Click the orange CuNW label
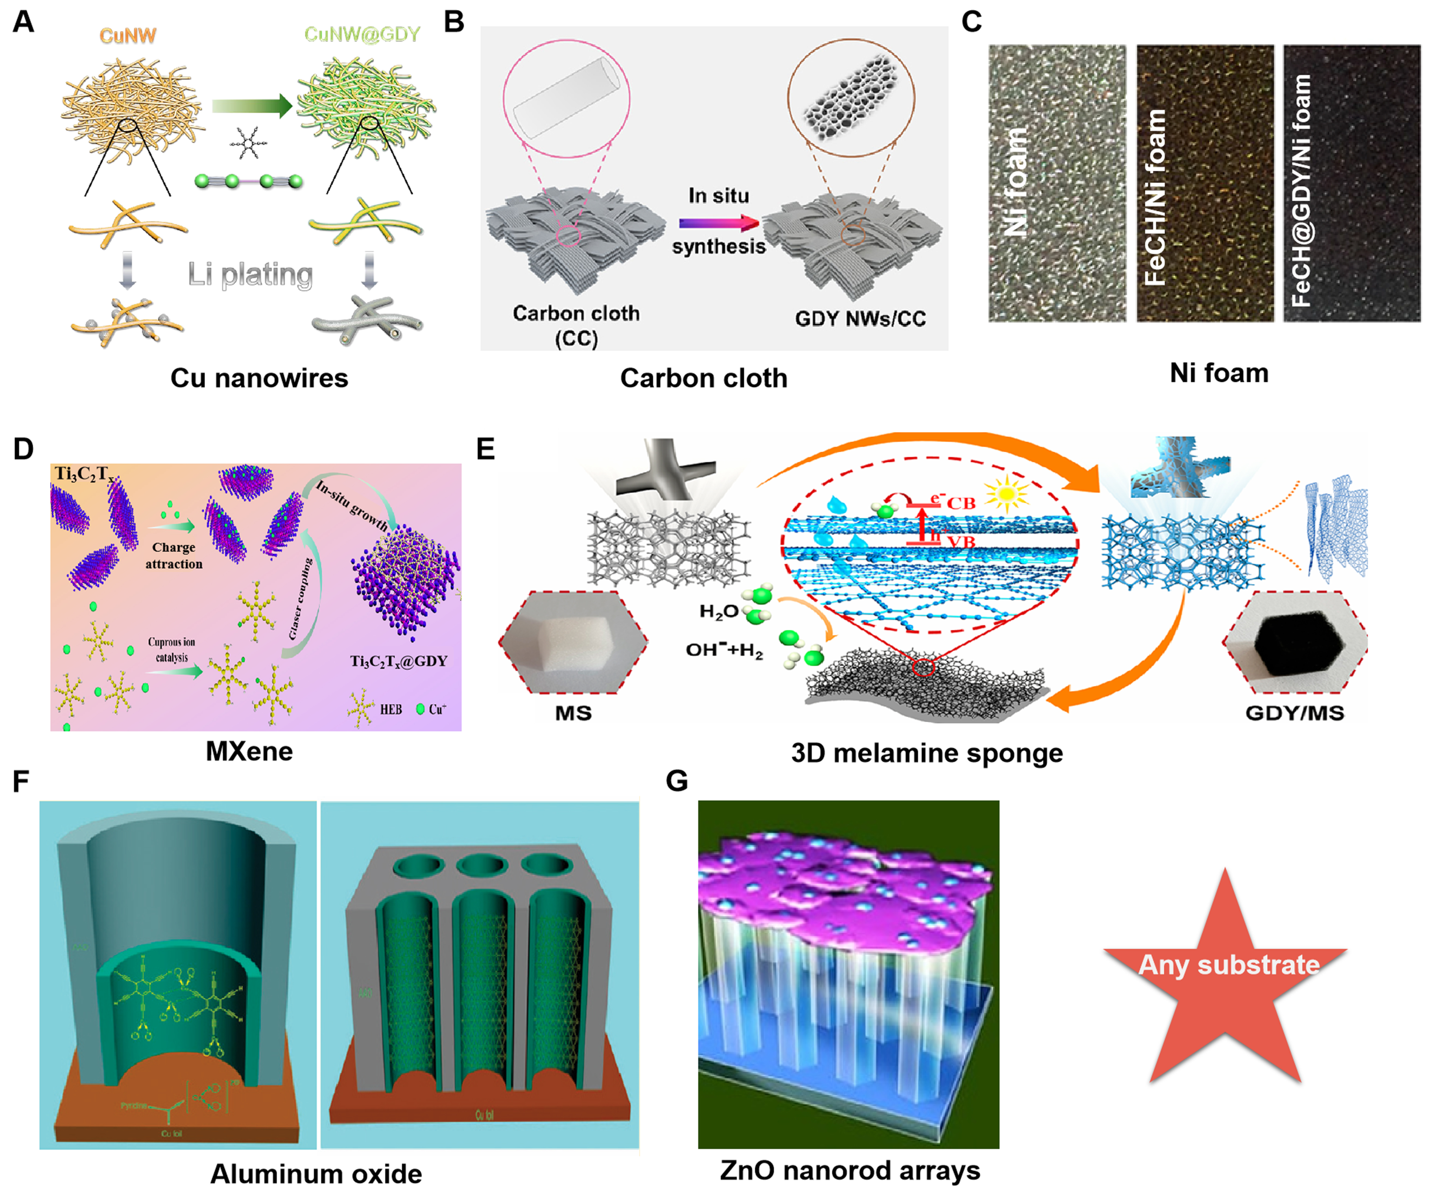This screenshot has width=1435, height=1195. [128, 35]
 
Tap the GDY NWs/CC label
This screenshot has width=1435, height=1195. [860, 318]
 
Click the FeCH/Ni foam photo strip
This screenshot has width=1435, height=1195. [1205, 183]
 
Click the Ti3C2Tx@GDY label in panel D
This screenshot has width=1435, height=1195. [398, 661]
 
